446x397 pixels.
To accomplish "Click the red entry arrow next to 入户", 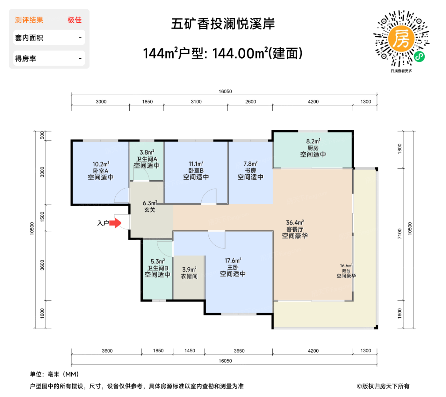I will (x=115, y=223).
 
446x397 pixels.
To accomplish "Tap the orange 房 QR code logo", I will (x=401, y=38).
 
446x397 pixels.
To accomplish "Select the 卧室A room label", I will (x=101, y=171).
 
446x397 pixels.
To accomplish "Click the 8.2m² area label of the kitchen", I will (x=313, y=141).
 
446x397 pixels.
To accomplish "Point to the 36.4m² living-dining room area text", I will (x=295, y=222).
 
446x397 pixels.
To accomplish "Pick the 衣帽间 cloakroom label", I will (x=189, y=276).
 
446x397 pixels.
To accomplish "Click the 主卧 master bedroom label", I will (x=233, y=267).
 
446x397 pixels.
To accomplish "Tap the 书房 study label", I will (x=250, y=170).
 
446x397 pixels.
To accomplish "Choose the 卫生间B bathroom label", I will (x=157, y=268).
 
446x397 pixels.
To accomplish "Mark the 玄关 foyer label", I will (x=150, y=210).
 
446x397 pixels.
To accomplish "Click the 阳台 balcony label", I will (x=346, y=271).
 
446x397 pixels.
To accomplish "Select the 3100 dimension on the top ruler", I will (x=196, y=102).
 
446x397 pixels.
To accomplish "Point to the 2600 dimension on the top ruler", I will (x=251, y=102).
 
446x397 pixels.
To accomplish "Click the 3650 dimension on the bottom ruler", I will (x=239, y=351).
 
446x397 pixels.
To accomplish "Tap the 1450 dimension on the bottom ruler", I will (x=190, y=351).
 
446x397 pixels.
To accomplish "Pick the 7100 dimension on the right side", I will (x=400, y=234).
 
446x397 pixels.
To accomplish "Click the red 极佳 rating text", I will (x=75, y=20).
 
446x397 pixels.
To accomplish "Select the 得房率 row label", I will (x=25, y=59).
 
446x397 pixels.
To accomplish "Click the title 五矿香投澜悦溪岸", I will (x=223, y=24).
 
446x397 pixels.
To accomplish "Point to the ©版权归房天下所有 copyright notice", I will (x=383, y=386).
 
